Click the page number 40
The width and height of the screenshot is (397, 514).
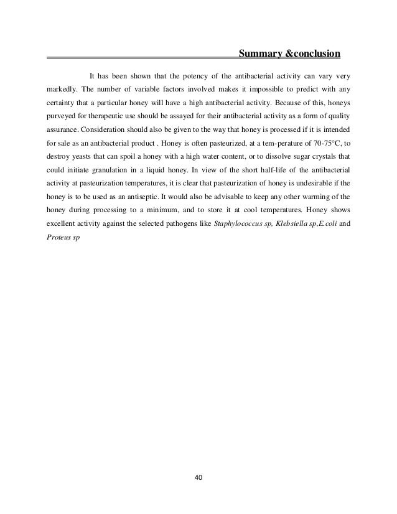[x=199, y=478]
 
